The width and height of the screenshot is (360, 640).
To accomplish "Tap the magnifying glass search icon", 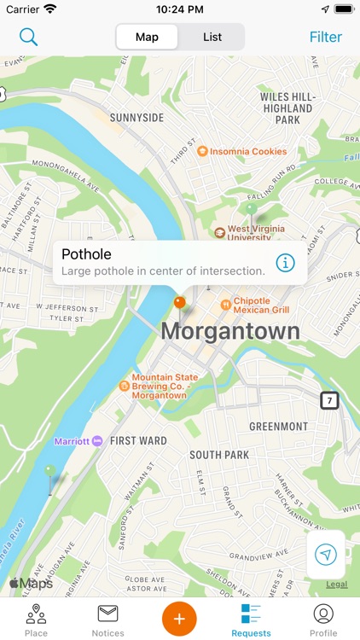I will pyautogui.click(x=29, y=37).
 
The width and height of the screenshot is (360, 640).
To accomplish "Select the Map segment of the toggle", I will pyautogui.click(x=147, y=37).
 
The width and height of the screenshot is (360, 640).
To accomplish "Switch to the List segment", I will pyautogui.click(x=212, y=37).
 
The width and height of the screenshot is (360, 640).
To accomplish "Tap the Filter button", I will pyautogui.click(x=325, y=37).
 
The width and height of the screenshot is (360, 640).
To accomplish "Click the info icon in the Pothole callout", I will pyautogui.click(x=285, y=262).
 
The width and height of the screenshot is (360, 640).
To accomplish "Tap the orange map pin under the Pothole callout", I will pyautogui.click(x=179, y=302).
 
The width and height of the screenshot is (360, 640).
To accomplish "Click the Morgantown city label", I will pyautogui.click(x=230, y=331).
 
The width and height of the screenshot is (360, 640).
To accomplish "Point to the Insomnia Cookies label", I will pyautogui.click(x=241, y=151).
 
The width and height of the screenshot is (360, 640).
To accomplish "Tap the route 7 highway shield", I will pyautogui.click(x=329, y=400).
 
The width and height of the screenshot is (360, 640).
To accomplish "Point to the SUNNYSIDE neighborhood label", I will pyautogui.click(x=136, y=118).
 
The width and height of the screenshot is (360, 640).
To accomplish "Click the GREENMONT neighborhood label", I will pyautogui.click(x=278, y=426).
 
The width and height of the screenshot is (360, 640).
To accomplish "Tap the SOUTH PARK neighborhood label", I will pyautogui.click(x=219, y=455).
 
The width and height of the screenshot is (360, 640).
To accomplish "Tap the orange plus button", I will pyautogui.click(x=179, y=617).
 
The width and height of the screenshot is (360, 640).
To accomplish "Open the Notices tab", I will pyautogui.click(x=107, y=619).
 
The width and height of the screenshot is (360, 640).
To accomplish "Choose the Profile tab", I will pyautogui.click(x=322, y=619).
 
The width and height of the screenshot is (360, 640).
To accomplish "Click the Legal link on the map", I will pyautogui.click(x=336, y=585).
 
